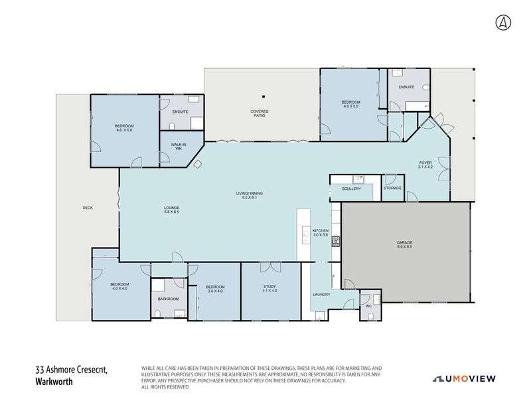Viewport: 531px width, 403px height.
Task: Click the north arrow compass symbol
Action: pyautogui.click(x=503, y=21)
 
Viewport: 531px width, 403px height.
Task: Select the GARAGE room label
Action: pyautogui.click(x=405, y=244)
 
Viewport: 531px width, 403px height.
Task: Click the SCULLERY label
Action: pyautogui.click(x=351, y=189)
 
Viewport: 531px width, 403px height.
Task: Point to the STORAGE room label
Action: pyautogui.click(x=392, y=189)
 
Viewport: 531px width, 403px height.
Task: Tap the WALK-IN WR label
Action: pyautogui.click(x=178, y=146)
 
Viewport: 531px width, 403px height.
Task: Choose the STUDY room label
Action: pyautogui.click(x=269, y=287)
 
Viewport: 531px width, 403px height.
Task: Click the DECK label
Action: pyautogui.click(x=88, y=208)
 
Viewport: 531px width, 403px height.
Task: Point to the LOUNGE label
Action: pyautogui.click(x=172, y=208)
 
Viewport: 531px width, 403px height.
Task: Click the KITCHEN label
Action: pyautogui.click(x=321, y=231)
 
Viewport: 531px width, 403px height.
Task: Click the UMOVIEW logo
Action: pyautogui.click(x=470, y=378)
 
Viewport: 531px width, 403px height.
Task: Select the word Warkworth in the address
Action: pyautogui.click(x=54, y=383)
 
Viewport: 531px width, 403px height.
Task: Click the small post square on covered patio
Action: pyautogui.click(x=263, y=94)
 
